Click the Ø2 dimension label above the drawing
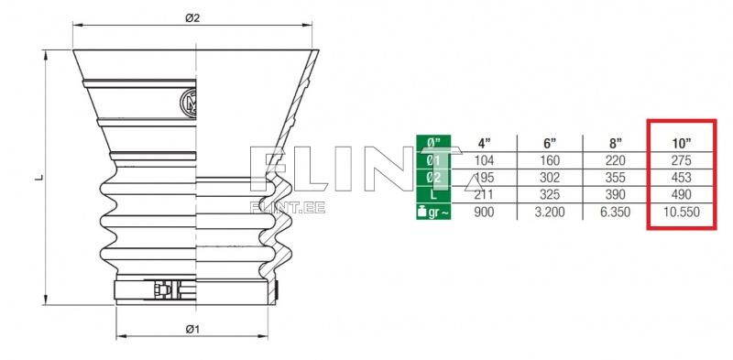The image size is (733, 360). [x=192, y=18]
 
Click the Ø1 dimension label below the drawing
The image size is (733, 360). [x=192, y=329]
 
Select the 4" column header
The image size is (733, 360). [x=484, y=143]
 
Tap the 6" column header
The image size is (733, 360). [x=549, y=143]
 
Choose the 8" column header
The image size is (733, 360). [x=615, y=143]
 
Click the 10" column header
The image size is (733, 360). [x=681, y=143]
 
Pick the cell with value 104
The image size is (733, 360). [x=484, y=160]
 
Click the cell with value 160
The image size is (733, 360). [x=549, y=160]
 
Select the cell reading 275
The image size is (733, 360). [x=681, y=160]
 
